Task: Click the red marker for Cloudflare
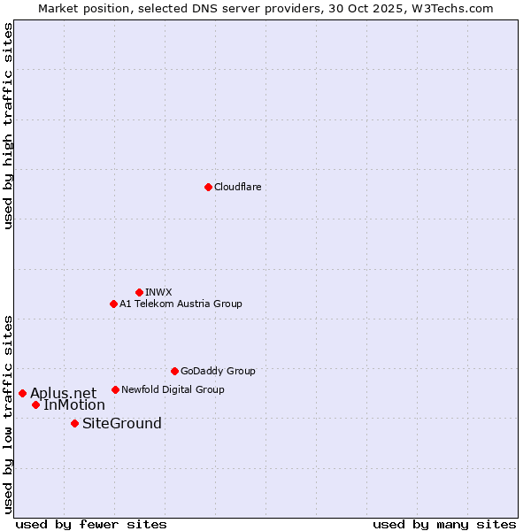click(208, 187)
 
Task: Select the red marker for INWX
click(139, 292)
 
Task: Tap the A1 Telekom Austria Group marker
click(113, 304)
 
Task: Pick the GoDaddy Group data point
click(174, 371)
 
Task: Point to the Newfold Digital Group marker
click(115, 389)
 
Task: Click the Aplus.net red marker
click(22, 393)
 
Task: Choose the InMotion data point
click(35, 404)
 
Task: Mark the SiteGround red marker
click(74, 423)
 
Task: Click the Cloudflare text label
click(237, 187)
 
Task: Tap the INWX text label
click(158, 292)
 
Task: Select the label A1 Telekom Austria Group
click(181, 304)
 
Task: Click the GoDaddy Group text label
click(218, 371)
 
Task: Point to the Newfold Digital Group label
click(173, 389)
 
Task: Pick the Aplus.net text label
click(63, 393)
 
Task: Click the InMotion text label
click(74, 405)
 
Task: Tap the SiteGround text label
click(122, 423)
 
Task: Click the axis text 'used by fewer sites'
click(91, 524)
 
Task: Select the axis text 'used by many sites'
click(444, 524)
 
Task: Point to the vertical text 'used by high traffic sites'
click(8, 127)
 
